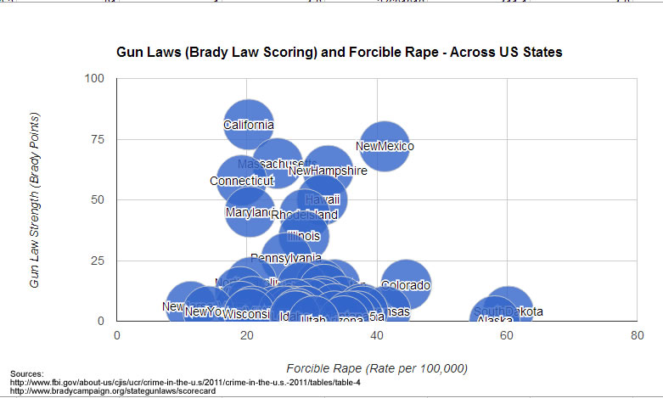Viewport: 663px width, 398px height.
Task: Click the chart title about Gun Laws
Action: (339, 53)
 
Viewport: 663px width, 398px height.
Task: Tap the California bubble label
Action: (249, 126)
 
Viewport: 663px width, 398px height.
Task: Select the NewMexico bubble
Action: (385, 146)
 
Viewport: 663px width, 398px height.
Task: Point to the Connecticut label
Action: (242, 181)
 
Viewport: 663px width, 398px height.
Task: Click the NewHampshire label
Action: (328, 171)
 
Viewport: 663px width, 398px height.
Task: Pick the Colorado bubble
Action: (406, 285)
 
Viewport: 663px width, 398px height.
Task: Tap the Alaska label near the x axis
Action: (495, 320)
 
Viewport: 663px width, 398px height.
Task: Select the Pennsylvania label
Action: (286, 258)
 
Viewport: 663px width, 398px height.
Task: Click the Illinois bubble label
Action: (303, 236)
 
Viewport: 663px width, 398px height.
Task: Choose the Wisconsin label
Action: (246, 315)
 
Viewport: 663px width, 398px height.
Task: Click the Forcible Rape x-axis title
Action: (377, 368)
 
